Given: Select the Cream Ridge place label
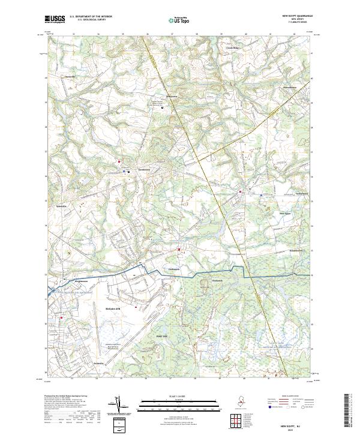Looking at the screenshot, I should click(x=232, y=47).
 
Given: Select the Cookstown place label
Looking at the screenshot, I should click(x=174, y=269).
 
